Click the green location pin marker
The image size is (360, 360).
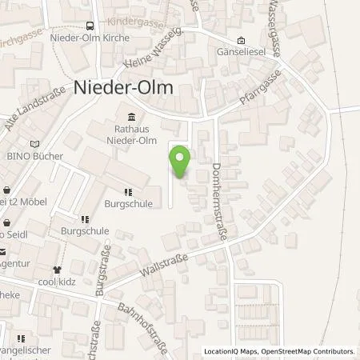pyautogui.click(x=181, y=160)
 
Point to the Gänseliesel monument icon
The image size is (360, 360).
pyautogui.click(x=242, y=42)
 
